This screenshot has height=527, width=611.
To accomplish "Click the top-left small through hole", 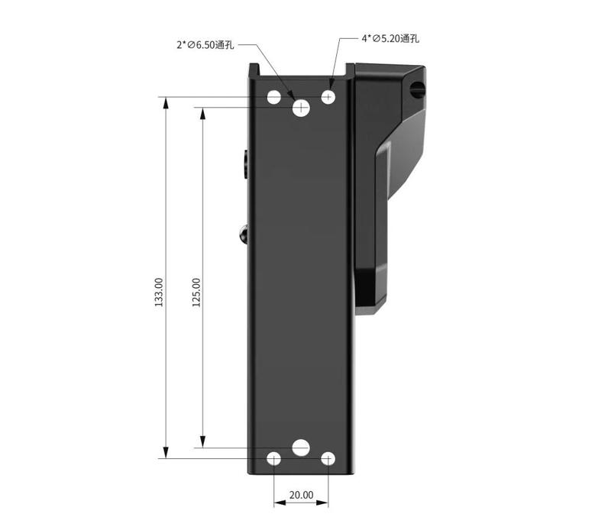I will click(274, 97).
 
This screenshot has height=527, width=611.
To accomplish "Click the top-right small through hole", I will click(328, 97).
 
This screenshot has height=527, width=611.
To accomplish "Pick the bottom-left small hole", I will click(274, 458).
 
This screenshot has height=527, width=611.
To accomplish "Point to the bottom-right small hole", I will click(328, 458).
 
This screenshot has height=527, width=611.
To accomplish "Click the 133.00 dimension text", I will click(159, 292).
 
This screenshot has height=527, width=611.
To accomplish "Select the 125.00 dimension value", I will click(196, 292).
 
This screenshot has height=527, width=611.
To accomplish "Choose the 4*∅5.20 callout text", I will click(390, 37).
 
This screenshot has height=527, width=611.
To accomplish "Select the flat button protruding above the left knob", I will click(244, 164).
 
